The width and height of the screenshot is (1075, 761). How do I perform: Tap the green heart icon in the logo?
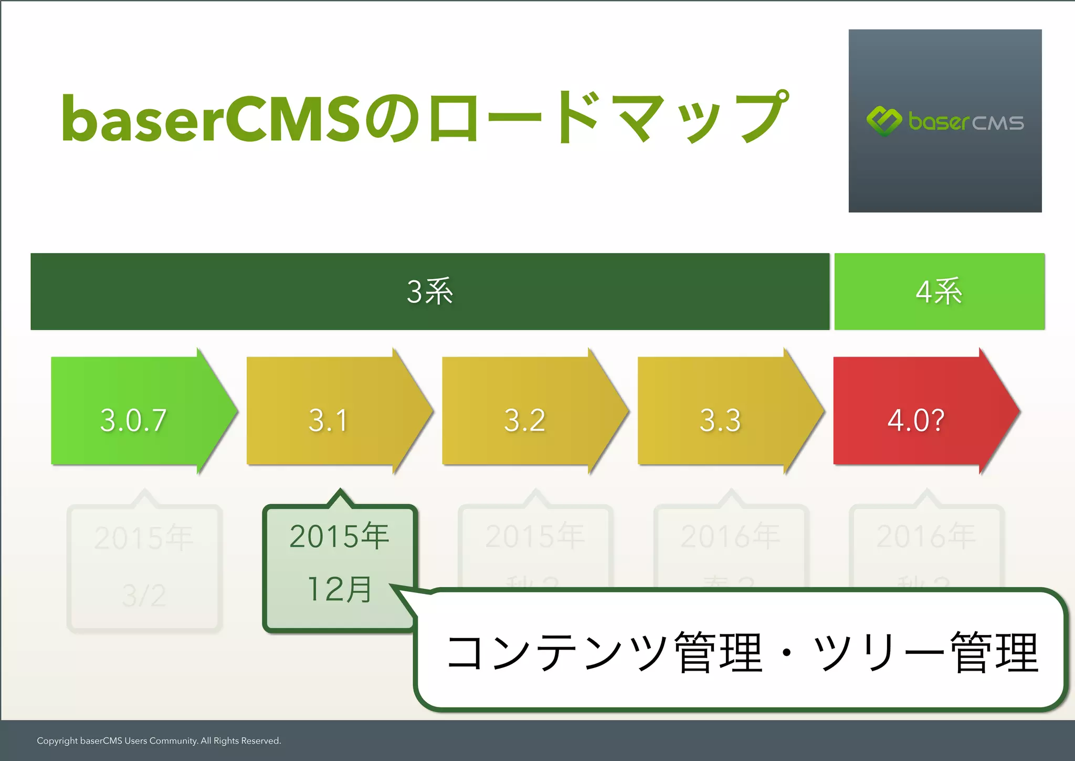click(x=884, y=121)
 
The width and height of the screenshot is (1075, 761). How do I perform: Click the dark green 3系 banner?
click(x=430, y=291)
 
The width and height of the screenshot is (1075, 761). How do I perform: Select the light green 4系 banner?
click(x=939, y=291)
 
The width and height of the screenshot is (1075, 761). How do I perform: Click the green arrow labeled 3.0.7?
click(x=134, y=420)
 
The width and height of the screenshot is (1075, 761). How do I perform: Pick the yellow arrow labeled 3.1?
click(x=329, y=420)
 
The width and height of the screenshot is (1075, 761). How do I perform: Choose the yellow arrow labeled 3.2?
click(x=524, y=420)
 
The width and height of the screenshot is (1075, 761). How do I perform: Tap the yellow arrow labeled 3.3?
click(x=720, y=420)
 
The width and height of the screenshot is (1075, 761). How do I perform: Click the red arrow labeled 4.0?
click(x=916, y=420)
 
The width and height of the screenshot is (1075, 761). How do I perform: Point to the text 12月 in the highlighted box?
click(x=340, y=589)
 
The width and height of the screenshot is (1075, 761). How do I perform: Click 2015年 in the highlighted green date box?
click(x=340, y=536)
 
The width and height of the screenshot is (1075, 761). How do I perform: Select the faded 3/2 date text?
click(x=144, y=596)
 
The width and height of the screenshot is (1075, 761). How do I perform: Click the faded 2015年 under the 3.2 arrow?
click(x=535, y=536)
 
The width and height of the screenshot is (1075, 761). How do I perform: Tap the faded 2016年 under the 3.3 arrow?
click(x=731, y=536)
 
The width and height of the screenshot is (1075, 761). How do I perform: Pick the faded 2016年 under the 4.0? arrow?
click(x=926, y=536)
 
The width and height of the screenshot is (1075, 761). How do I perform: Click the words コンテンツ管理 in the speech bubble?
click(x=604, y=653)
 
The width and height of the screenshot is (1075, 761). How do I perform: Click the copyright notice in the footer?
click(x=159, y=741)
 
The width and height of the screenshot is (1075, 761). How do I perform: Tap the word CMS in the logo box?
click(x=998, y=123)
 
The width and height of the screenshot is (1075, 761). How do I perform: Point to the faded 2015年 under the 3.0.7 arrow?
click(x=144, y=538)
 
